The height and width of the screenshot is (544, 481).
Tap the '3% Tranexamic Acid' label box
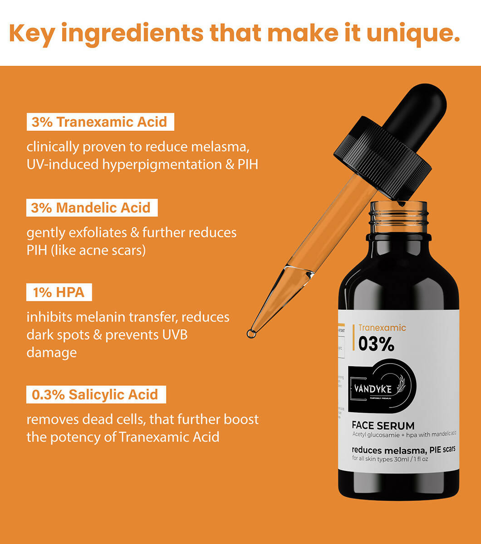100,122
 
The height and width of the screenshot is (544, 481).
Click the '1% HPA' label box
59,292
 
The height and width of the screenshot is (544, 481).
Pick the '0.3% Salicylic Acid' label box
95,394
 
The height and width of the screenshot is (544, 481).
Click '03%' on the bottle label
376,345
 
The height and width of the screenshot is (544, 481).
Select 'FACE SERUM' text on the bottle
383,426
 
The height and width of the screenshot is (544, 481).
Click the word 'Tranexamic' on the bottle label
382,328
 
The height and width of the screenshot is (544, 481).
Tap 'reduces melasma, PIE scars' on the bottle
403,449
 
